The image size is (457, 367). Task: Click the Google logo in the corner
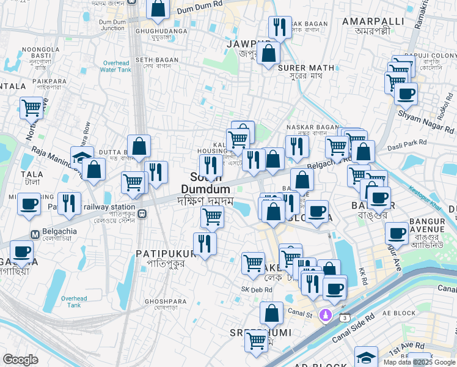pos(20,360)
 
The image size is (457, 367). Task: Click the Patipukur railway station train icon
pos(142,214)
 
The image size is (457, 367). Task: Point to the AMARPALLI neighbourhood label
pos(365,21)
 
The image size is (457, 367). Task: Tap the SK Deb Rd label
pos(256,289)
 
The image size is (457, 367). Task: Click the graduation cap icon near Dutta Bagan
pos(82,157)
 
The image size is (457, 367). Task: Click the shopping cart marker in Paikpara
pos(31,108)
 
